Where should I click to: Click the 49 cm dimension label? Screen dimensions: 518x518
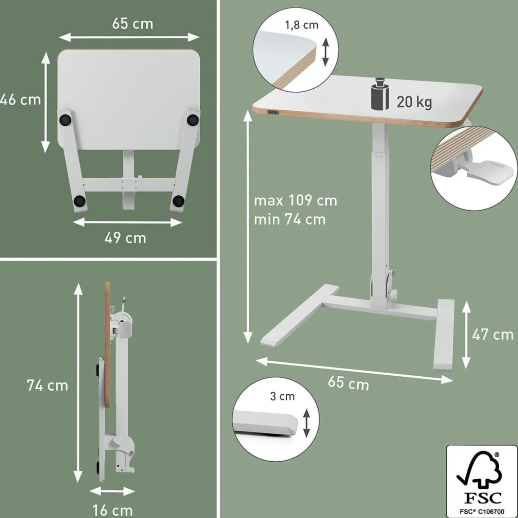(125, 238)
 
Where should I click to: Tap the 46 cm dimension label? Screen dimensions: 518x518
(20, 99)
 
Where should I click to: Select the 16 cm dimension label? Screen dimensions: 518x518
(113, 510)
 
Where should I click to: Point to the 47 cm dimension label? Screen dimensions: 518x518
(492, 335)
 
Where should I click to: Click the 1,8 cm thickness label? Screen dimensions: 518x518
(302, 25)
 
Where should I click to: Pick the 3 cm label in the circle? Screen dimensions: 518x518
(282, 396)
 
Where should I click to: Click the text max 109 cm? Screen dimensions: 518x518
(295, 201)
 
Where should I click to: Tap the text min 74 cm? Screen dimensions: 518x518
(290, 219)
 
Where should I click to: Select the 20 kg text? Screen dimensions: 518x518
(414, 102)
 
